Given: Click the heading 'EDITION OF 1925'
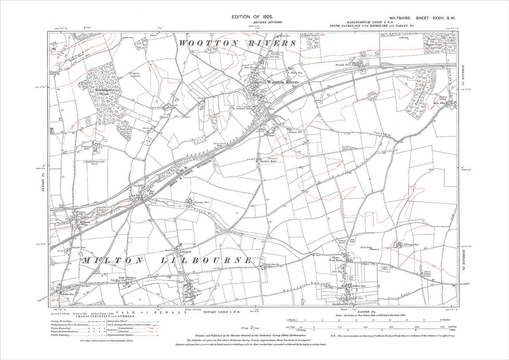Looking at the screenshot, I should [252, 17].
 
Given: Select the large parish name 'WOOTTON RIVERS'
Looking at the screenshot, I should [238, 43].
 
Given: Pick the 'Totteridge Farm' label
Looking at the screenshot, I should [202, 203].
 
